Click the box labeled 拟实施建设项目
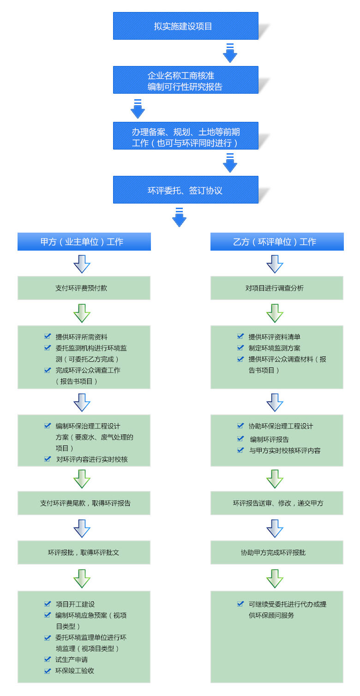pos(186,26)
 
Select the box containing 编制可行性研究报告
pos(186,80)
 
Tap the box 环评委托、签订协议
pos(186,190)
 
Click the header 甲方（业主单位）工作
pos(84,242)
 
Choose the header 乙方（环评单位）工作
pos(277,242)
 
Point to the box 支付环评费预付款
pos(84,288)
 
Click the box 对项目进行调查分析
pos(277,288)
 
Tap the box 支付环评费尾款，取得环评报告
pos(84,503)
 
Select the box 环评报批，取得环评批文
pos(84,552)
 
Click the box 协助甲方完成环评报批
pos(277,552)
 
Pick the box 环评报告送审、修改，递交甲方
pos(277,503)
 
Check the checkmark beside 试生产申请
pos(48,660)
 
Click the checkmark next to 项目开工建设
pos(48,604)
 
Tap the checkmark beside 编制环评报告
pos(240,439)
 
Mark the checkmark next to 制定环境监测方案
pos(240,348)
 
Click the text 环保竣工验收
pos(75,671)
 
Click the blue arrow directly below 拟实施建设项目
pos(230,54)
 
